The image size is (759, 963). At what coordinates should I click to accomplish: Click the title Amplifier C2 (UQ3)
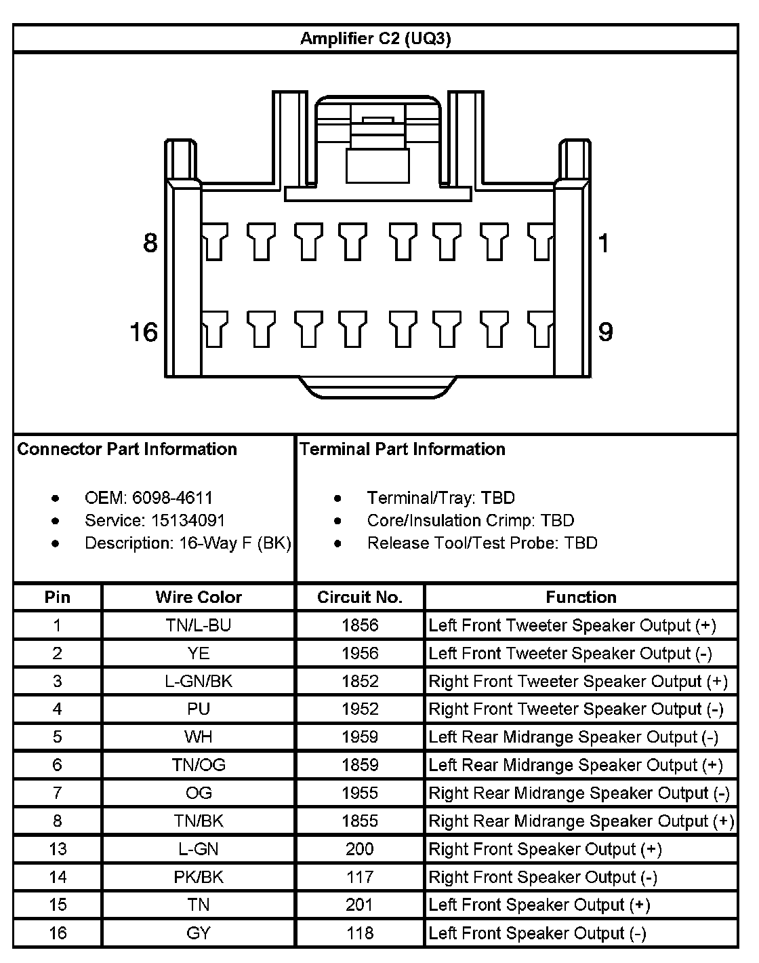coord(375,39)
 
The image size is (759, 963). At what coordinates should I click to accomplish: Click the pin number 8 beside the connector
coord(150,243)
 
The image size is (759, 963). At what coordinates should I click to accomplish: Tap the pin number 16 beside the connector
coord(144,332)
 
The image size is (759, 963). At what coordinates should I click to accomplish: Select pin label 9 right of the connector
coord(605,332)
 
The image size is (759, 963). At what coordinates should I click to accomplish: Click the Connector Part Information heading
coord(127,449)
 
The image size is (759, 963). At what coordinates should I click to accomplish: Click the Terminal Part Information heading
coord(403,449)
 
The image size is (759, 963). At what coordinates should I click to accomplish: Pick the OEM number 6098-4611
coord(172,498)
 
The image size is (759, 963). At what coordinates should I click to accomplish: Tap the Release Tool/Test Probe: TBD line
coord(482,543)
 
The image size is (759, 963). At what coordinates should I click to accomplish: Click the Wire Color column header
coord(199,597)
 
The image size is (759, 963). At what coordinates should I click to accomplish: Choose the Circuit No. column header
coord(360,597)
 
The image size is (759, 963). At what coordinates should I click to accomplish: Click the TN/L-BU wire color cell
coord(199,625)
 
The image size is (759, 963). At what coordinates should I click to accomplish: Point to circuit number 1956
coord(360,653)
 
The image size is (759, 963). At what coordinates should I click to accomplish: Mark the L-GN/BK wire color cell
coord(199,681)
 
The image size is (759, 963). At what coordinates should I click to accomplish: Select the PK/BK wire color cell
coord(199,877)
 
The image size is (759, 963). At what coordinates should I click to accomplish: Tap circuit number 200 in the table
coord(360,849)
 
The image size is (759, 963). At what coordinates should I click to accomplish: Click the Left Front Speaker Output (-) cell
coord(537,933)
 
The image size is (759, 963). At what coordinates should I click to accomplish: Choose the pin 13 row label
coord(58,849)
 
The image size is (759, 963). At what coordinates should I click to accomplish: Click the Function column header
coord(581,597)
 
